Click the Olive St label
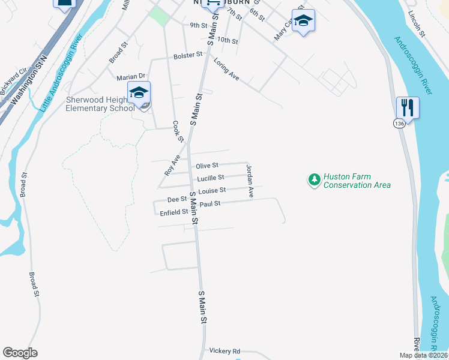[206, 165]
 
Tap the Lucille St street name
[211, 178]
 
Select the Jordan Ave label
[250, 182]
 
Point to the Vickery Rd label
[224, 351]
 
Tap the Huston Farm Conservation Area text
[357, 181]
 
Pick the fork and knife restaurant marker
[408, 109]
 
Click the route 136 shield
[399, 123]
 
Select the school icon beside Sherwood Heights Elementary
[139, 94]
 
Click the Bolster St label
[188, 56]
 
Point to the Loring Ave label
[226, 70]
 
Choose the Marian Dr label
[131, 76]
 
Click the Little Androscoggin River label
[61, 75]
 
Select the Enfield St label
[174, 212]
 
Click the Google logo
[20, 353]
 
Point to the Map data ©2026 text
[423, 355]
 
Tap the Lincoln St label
[416, 23]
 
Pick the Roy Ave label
[172, 165]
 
